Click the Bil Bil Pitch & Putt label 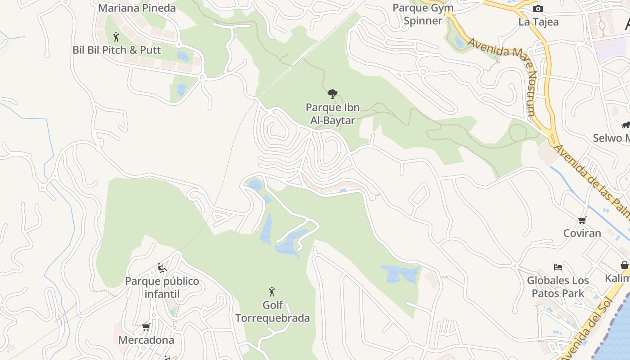(117, 50)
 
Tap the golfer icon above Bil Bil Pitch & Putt (116, 37)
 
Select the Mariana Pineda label (137, 8)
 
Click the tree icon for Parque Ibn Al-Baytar (333, 94)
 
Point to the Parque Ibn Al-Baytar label (333, 114)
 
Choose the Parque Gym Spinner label (423, 14)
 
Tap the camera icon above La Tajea (538, 9)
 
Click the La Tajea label (538, 22)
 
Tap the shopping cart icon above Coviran (582, 220)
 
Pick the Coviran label (582, 233)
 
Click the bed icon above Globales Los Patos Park (558, 267)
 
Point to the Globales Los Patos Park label (558, 287)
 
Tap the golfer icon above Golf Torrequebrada (272, 292)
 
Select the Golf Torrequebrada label (273, 311)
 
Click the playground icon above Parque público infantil (162, 268)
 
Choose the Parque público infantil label (162, 288)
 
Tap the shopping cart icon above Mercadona (146, 327)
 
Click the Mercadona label (146, 340)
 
